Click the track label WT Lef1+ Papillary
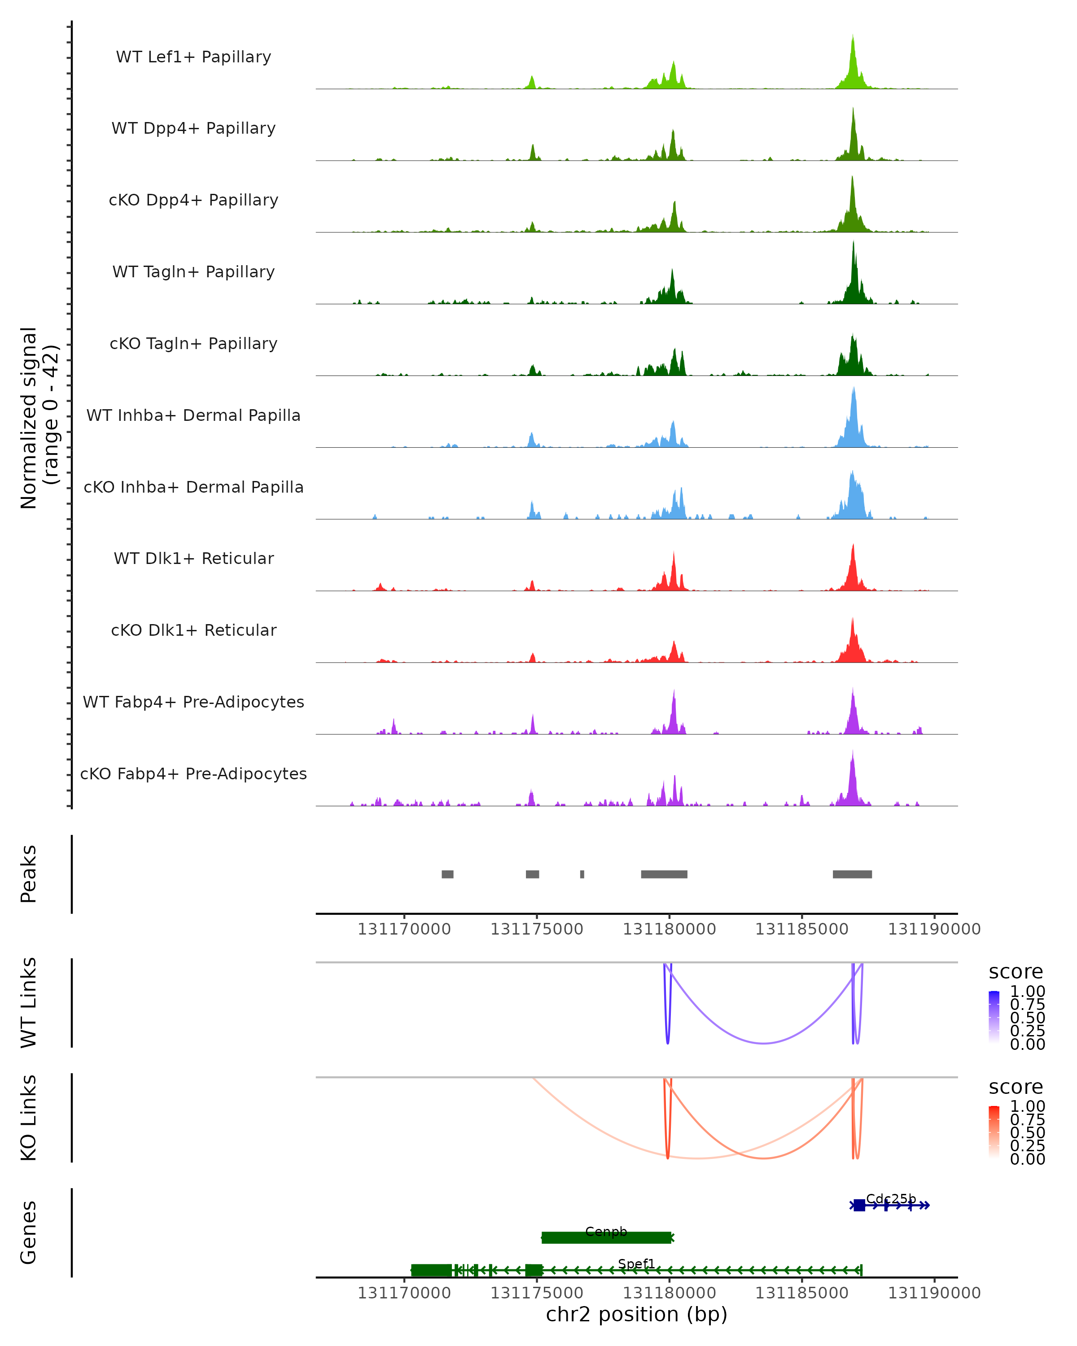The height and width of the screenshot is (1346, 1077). pyautogui.click(x=193, y=57)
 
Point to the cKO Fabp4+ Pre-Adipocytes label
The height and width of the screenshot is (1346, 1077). pyautogui.click(x=193, y=774)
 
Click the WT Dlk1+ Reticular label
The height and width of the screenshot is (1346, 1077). pyautogui.click(x=193, y=558)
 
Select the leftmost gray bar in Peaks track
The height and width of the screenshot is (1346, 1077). pyautogui.click(x=448, y=874)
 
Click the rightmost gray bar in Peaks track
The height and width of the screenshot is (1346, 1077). pyautogui.click(x=852, y=874)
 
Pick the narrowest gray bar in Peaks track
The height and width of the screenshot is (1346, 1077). pyautogui.click(x=582, y=874)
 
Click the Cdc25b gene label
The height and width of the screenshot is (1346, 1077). pyautogui.click(x=891, y=1199)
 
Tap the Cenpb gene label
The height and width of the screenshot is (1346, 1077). pyautogui.click(x=606, y=1231)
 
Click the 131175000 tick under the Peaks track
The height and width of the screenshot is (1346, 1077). pyautogui.click(x=537, y=929)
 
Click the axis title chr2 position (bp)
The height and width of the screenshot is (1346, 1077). pyautogui.click(x=637, y=1315)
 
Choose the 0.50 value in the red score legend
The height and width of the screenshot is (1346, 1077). pyautogui.click(x=1028, y=1132)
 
